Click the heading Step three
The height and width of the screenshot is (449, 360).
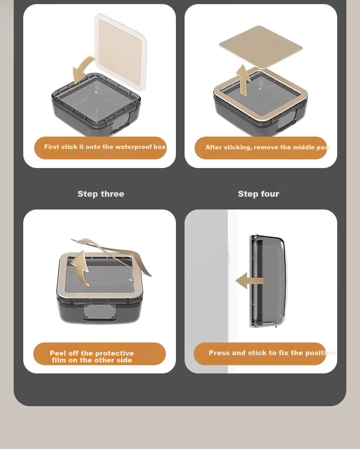pos(101,194)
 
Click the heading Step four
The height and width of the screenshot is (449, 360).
pos(258,194)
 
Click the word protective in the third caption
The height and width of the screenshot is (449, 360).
pos(114,353)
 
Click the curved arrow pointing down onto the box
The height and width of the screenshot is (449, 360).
pos(82,69)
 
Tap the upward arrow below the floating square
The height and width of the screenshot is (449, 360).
pos(243,80)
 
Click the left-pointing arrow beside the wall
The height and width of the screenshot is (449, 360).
pos(249,281)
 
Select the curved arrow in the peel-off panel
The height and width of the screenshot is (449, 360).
pos(80,268)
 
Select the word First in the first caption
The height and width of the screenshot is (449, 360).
pos(51,147)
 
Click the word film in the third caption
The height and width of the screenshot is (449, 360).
pos(58,360)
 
